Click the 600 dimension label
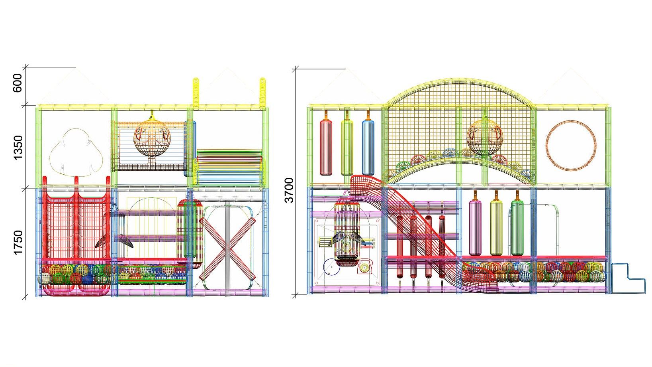point(18,83)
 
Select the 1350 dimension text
point(18,148)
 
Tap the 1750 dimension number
point(18,242)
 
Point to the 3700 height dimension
point(289,190)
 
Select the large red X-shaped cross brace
point(227,249)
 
